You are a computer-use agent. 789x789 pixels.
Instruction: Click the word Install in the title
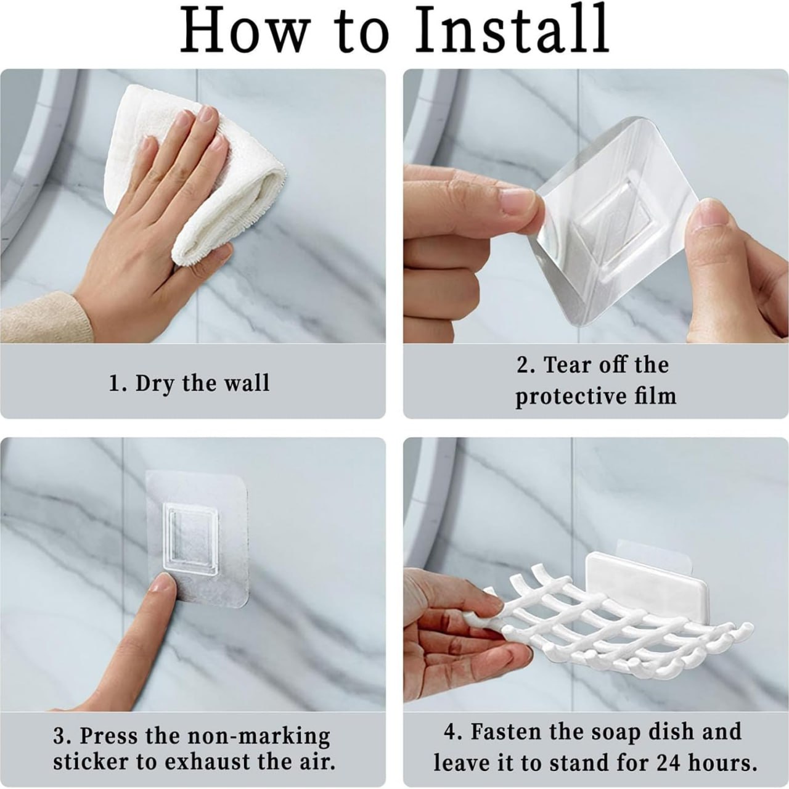pos(512,30)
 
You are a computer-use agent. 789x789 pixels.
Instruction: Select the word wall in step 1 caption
pos(247,383)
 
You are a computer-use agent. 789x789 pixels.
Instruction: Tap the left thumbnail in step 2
pos(517,202)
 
